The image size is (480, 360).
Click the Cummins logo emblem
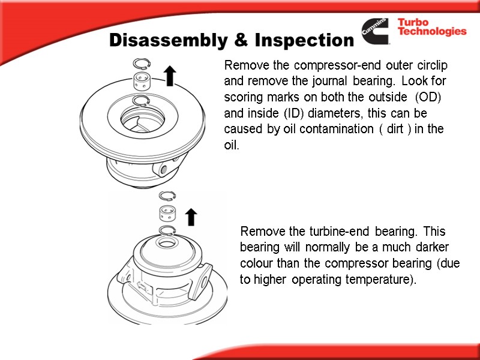click(x=375, y=31)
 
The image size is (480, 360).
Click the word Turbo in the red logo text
click(x=413, y=22)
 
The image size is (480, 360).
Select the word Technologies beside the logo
click(x=432, y=31)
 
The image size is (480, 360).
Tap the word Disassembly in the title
click(x=169, y=40)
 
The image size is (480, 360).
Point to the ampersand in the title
click(x=241, y=40)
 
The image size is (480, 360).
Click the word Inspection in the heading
click(x=304, y=40)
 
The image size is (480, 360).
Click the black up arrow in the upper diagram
click(x=170, y=76)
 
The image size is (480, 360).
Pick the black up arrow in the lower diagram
click(x=191, y=217)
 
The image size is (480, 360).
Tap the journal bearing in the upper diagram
click(x=141, y=81)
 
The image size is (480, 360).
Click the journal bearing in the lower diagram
click(x=167, y=213)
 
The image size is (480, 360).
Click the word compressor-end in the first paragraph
click(x=337, y=65)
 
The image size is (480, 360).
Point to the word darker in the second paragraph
click(x=432, y=247)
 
